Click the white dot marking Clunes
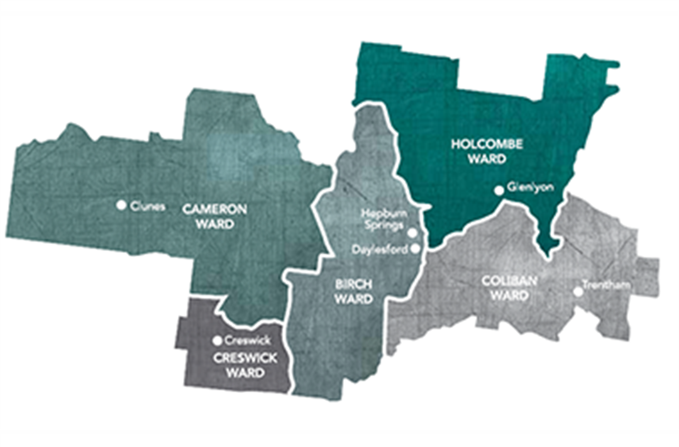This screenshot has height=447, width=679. [x=121, y=204]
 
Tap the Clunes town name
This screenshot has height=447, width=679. [x=148, y=205]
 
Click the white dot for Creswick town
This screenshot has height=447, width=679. [x=218, y=340]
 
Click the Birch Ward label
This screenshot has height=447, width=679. [x=353, y=292]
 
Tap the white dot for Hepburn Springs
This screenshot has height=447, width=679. [x=412, y=232]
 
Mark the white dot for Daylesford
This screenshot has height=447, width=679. [x=415, y=248]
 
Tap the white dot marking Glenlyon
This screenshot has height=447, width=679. [x=499, y=189]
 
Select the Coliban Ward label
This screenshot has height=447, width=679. [x=510, y=288]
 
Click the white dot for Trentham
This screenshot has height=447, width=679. [x=577, y=291]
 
